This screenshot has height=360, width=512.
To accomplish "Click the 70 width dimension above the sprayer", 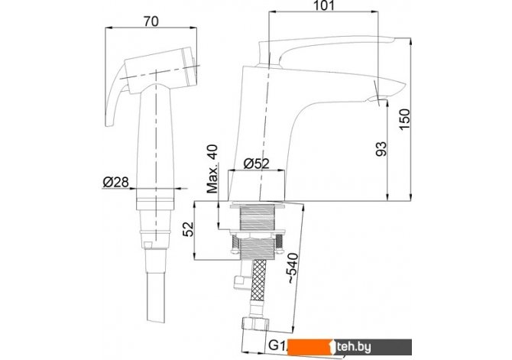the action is tap(151, 21).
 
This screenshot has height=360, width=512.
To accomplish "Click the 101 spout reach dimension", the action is tap(323, 5).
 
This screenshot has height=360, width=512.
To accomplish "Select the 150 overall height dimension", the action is tap(404, 119).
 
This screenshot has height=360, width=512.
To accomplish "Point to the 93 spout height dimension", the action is tap(381, 148).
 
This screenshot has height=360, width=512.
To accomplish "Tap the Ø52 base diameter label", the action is tap(257, 164).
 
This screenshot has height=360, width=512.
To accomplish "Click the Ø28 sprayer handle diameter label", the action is tap(116, 182).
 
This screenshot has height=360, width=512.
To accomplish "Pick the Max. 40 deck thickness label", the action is tap(212, 169).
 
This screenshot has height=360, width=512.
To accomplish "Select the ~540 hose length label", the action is tap(293, 268).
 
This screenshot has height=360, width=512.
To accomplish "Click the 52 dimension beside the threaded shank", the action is tap(189, 229).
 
